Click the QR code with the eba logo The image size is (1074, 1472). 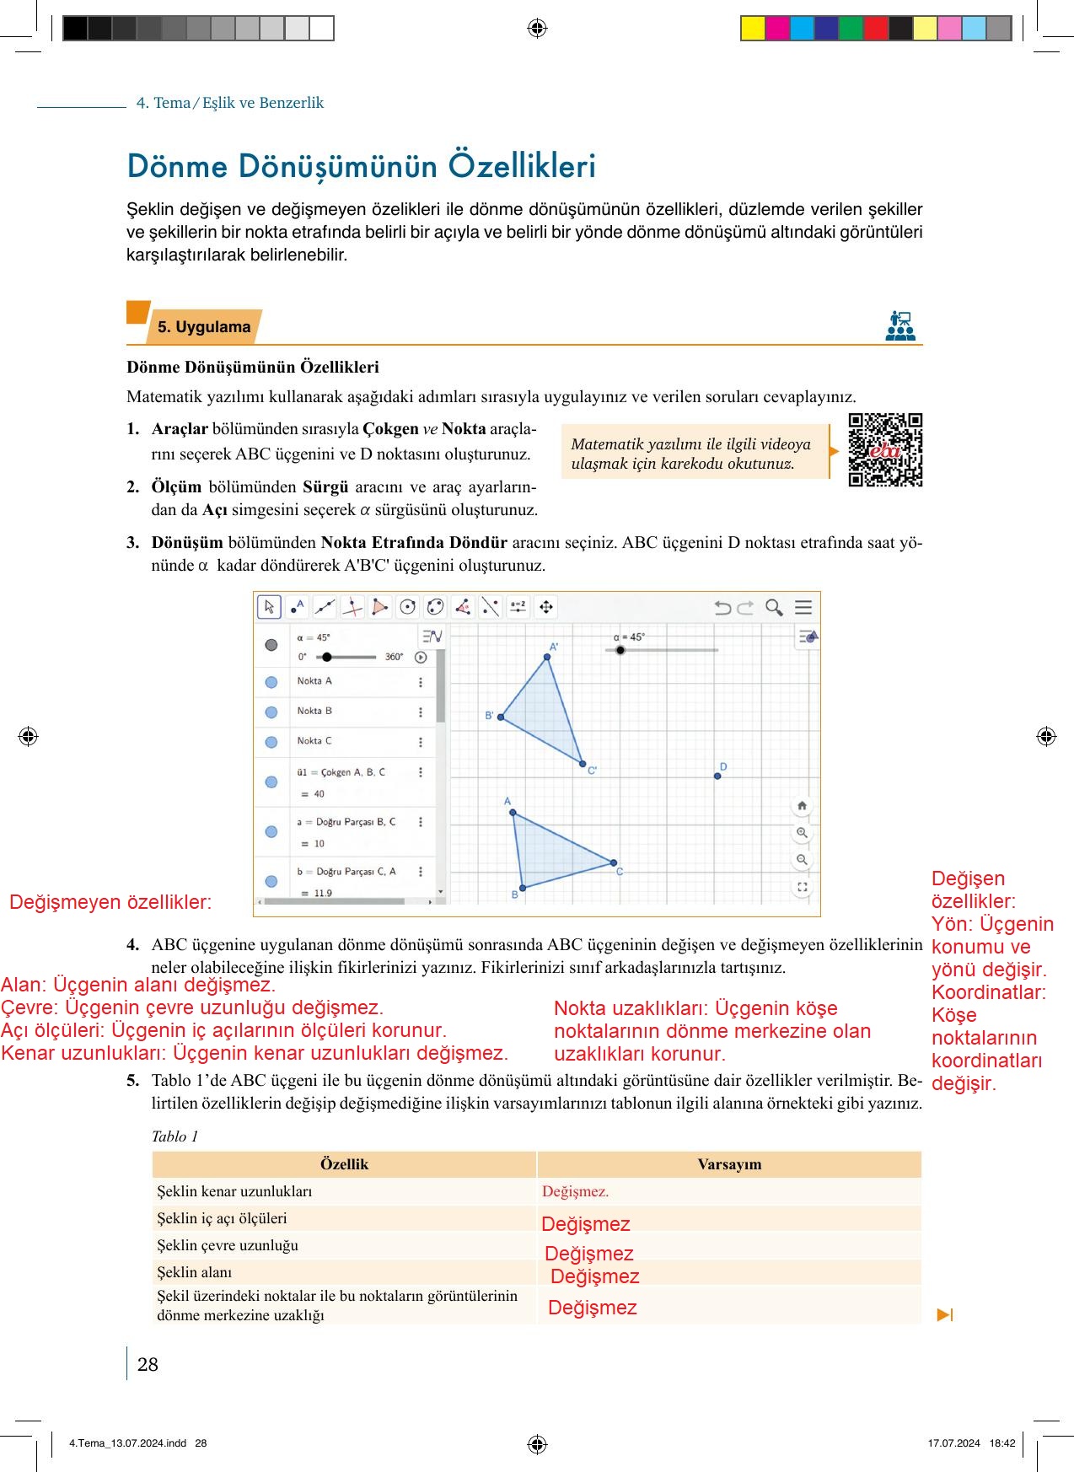coord(885,449)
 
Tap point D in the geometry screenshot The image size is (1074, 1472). coord(717,776)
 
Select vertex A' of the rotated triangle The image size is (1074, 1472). coord(547,657)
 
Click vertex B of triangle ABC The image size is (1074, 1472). coord(523,888)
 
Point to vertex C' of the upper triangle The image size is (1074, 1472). coord(583,764)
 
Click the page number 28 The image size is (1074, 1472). coord(148,1364)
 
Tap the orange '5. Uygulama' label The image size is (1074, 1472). coord(204,327)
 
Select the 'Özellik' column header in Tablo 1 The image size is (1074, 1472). coord(344,1164)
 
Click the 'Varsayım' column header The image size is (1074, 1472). coord(729,1164)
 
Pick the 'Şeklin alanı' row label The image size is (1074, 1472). coord(195,1272)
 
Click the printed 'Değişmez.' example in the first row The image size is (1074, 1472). coord(575,1191)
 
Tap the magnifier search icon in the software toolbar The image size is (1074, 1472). coord(773,607)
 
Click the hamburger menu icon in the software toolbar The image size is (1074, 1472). coord(803,607)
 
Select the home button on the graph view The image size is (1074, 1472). coord(802,805)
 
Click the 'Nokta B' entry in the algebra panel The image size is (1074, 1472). coord(314,711)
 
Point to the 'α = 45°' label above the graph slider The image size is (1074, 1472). coord(629,637)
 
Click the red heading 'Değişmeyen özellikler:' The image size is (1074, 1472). coord(110,902)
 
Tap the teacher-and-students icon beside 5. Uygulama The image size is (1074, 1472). coord(900,325)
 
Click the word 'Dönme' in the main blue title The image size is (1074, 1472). coord(177,166)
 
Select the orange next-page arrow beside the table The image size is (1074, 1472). coord(944,1314)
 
